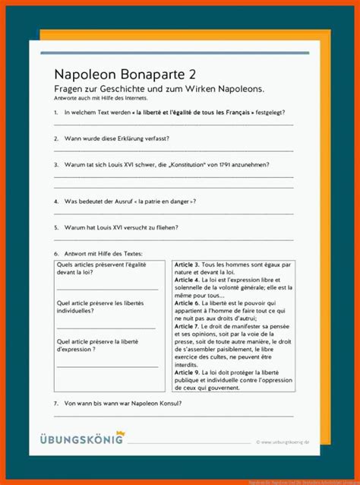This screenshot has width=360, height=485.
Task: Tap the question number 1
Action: click(x=56, y=113)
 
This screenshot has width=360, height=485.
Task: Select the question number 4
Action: click(x=56, y=201)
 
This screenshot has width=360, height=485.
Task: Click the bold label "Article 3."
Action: click(x=187, y=264)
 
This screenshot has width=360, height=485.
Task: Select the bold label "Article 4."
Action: click(x=187, y=279)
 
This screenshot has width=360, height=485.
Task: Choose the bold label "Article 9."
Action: click(x=187, y=372)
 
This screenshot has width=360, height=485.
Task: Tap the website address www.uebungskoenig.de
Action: click(x=285, y=441)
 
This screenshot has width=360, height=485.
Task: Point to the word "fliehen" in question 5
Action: click(x=159, y=227)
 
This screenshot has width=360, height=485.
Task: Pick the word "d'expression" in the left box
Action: click(x=79, y=350)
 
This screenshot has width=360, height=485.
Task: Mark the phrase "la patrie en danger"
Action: click(x=159, y=201)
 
